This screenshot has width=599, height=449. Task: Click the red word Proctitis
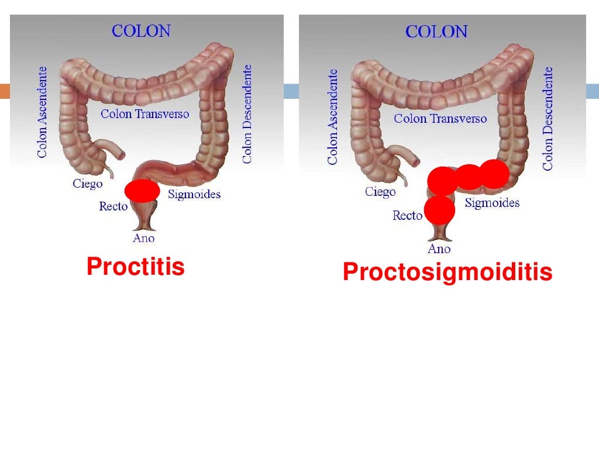[x=136, y=267]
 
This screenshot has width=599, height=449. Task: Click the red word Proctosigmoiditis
[x=447, y=272]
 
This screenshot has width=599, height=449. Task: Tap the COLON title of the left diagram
[x=141, y=31]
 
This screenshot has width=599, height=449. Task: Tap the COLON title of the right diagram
[x=436, y=32]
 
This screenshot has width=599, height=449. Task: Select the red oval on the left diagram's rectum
[x=142, y=191]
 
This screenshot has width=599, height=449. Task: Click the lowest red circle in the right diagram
[x=439, y=210]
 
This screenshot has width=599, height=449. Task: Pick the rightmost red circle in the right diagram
[x=494, y=174]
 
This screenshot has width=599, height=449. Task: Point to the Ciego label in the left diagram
[x=88, y=184]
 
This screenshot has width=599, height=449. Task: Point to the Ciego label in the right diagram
[x=380, y=192]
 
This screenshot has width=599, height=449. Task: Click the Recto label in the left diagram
[x=113, y=206]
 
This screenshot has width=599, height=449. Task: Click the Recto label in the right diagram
[x=407, y=216]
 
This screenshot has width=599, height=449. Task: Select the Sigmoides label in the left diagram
[x=194, y=194]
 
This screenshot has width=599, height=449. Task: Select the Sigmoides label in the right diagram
[x=492, y=203]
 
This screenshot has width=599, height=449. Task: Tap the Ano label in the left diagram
[x=144, y=238]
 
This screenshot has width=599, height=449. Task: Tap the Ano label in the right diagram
[x=439, y=249]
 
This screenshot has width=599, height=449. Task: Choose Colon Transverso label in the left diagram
[x=145, y=113]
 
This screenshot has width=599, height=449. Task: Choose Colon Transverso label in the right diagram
[x=440, y=119]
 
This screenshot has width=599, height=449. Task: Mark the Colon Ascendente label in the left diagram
[x=42, y=112]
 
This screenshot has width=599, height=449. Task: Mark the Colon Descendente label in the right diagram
[x=548, y=118]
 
